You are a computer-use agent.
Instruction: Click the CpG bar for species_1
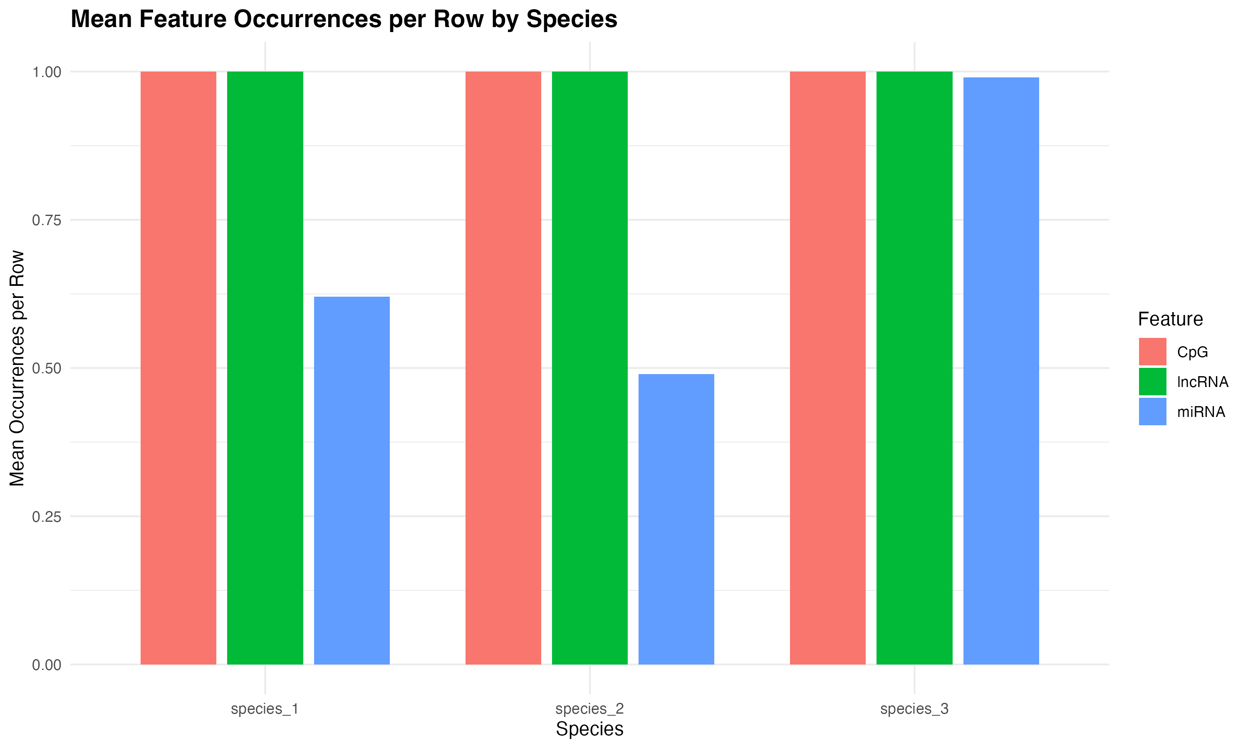tap(178, 368)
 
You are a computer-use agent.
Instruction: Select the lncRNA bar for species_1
tap(265, 368)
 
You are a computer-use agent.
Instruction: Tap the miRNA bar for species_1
tap(352, 481)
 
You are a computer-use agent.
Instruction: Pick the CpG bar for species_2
tap(503, 368)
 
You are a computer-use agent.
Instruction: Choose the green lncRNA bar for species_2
tap(590, 368)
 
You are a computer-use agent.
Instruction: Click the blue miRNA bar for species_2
tap(676, 519)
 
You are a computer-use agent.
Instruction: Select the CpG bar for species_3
tap(827, 368)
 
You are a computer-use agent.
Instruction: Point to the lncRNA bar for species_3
tap(914, 368)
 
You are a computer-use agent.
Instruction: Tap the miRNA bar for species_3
tap(1001, 371)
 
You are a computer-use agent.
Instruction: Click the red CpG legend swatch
tap(1153, 351)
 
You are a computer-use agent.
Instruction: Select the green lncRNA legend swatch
tap(1153, 382)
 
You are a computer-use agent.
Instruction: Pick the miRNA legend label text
tap(1201, 412)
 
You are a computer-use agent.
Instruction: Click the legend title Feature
tap(1170, 319)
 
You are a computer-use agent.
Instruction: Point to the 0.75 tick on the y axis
tap(47, 220)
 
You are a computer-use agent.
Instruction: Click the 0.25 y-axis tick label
tap(47, 516)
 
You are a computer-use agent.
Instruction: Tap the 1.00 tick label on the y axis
tap(47, 72)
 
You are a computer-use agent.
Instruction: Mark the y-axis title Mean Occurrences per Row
tap(17, 368)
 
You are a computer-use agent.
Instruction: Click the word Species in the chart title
tap(572, 19)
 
